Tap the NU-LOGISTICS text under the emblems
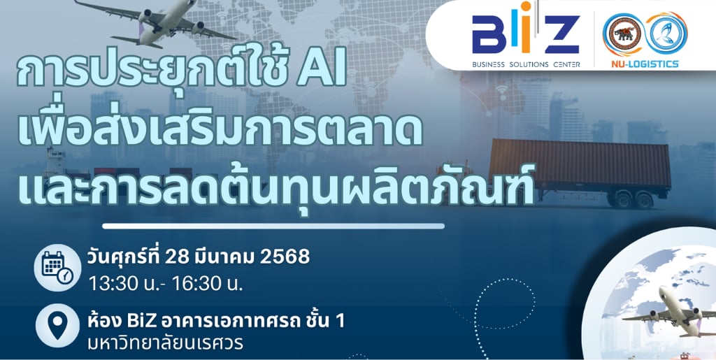[645, 64]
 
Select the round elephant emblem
[624, 35]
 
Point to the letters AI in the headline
[322, 72]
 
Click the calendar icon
[57, 268]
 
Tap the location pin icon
[57, 325]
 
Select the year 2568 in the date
[285, 257]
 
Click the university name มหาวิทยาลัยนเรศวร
[165, 343]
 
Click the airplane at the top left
[155, 24]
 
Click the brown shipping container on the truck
[580, 162]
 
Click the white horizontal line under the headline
[273, 226]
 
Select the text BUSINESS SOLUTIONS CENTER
[526, 64]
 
